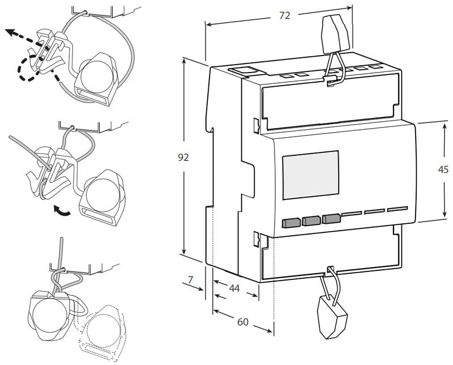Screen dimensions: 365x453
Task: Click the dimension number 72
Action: (x=285, y=16)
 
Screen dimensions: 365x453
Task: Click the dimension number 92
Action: (x=183, y=158)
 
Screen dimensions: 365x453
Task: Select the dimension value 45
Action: (x=444, y=169)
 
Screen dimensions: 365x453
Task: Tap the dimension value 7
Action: (x=190, y=279)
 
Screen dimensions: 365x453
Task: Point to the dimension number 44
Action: (x=234, y=288)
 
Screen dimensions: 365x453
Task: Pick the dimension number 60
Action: (x=243, y=322)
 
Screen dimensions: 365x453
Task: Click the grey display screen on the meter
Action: (x=310, y=175)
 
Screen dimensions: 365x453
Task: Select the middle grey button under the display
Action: (x=311, y=220)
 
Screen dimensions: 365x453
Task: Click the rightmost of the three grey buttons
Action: (x=331, y=218)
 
